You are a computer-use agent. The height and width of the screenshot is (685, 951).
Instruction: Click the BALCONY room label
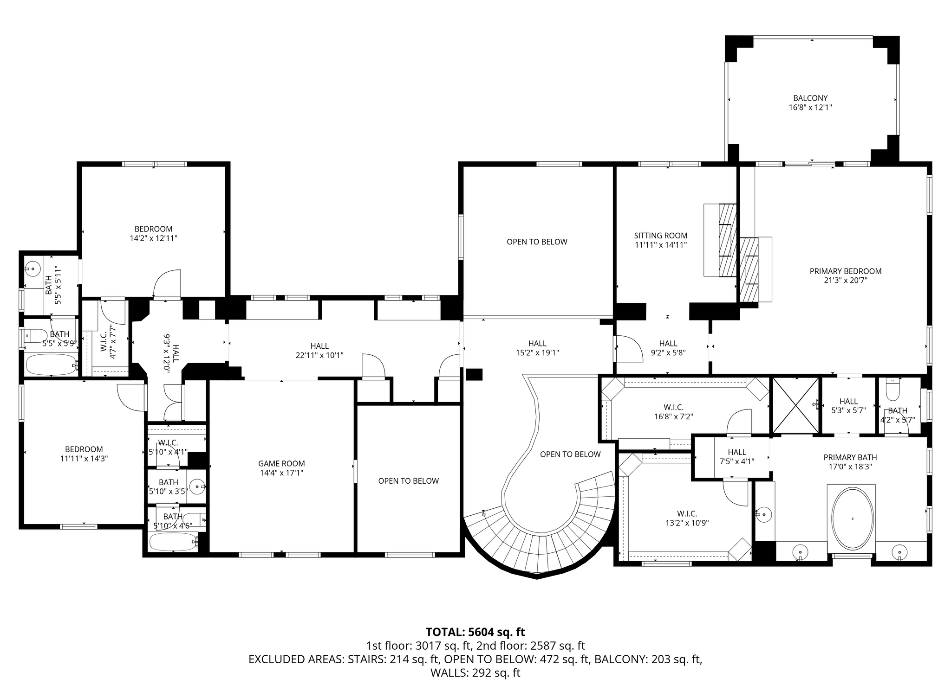pyautogui.click(x=810, y=98)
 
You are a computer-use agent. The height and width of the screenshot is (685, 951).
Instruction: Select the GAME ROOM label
pyautogui.click(x=281, y=463)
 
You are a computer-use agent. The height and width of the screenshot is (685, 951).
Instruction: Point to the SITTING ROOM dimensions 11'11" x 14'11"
pyautogui.click(x=660, y=245)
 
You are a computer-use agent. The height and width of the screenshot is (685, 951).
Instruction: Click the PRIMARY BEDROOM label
pyautogui.click(x=845, y=271)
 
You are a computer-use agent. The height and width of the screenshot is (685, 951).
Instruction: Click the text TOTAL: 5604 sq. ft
pyautogui.click(x=475, y=632)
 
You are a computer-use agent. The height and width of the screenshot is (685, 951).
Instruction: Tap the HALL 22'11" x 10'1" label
pyautogui.click(x=319, y=351)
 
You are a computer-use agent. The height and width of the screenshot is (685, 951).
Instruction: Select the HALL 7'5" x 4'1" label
pyautogui.click(x=737, y=457)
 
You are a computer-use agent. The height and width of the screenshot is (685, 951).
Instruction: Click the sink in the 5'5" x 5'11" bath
pyautogui.click(x=33, y=269)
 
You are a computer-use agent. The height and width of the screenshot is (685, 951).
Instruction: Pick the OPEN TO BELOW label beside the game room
pyautogui.click(x=408, y=481)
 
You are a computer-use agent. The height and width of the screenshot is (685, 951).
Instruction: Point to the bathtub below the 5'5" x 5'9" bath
pyautogui.click(x=52, y=365)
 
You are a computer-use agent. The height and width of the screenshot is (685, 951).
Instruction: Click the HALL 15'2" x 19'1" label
pyautogui.click(x=537, y=348)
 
